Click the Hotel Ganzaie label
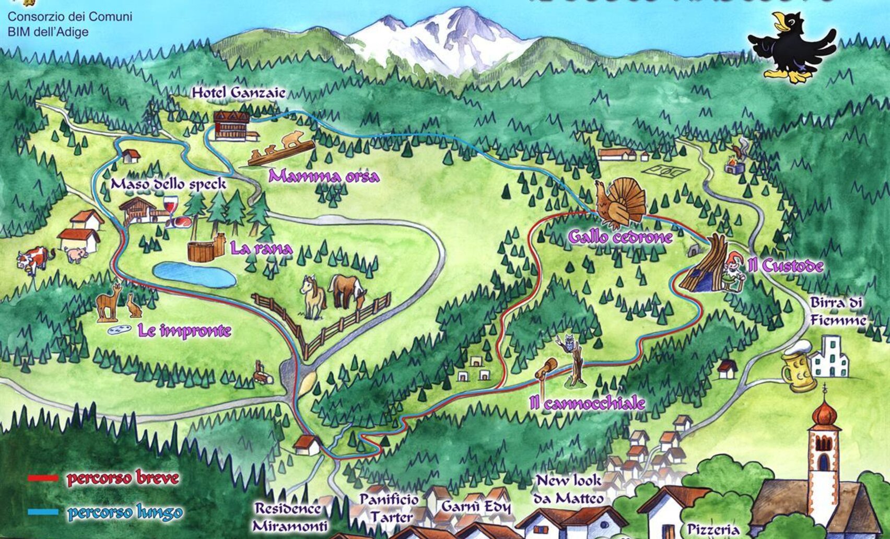tap(239, 93)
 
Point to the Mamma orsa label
tap(323, 177)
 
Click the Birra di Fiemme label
tap(837, 311)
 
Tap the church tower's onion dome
tap(825, 414)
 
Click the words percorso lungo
tap(125, 512)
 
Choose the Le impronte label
tap(184, 331)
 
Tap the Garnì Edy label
tap(476, 507)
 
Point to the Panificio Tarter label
tap(389, 508)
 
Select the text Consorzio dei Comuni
tap(69, 16)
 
